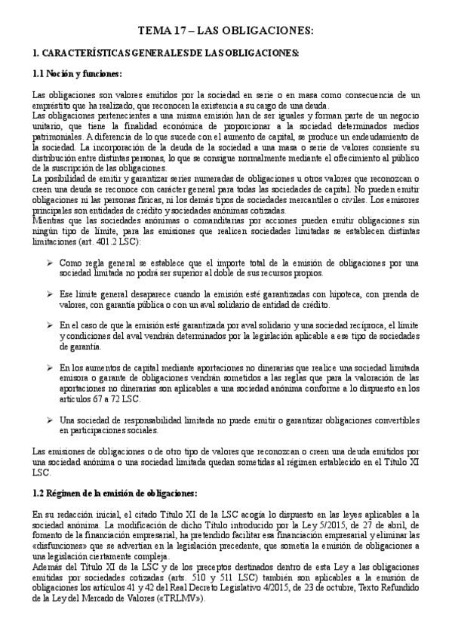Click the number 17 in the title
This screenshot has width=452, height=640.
tap(179, 31)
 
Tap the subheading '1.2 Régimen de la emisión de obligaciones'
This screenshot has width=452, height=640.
tap(115, 493)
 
